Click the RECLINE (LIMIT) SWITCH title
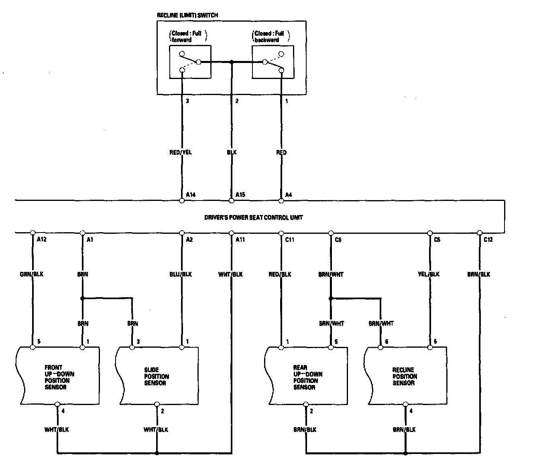187,15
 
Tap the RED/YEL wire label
181,152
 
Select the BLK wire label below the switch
232,152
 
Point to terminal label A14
191,194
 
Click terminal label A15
240,194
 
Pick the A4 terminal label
288,194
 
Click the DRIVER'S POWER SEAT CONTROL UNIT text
254,217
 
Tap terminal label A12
41,239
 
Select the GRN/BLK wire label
32,274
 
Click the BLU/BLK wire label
181,274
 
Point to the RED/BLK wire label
280,274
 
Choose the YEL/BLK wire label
429,274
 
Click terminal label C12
488,239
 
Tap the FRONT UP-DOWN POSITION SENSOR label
59,377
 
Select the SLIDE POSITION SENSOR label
157,376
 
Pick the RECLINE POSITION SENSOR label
405,376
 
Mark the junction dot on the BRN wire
82,298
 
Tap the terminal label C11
289,239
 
